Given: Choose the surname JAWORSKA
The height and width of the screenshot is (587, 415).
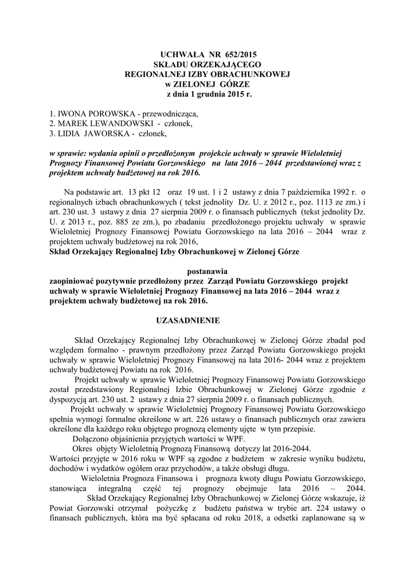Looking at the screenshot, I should click(x=104, y=134).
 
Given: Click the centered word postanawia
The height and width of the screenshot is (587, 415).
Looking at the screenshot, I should click(x=207, y=271).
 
